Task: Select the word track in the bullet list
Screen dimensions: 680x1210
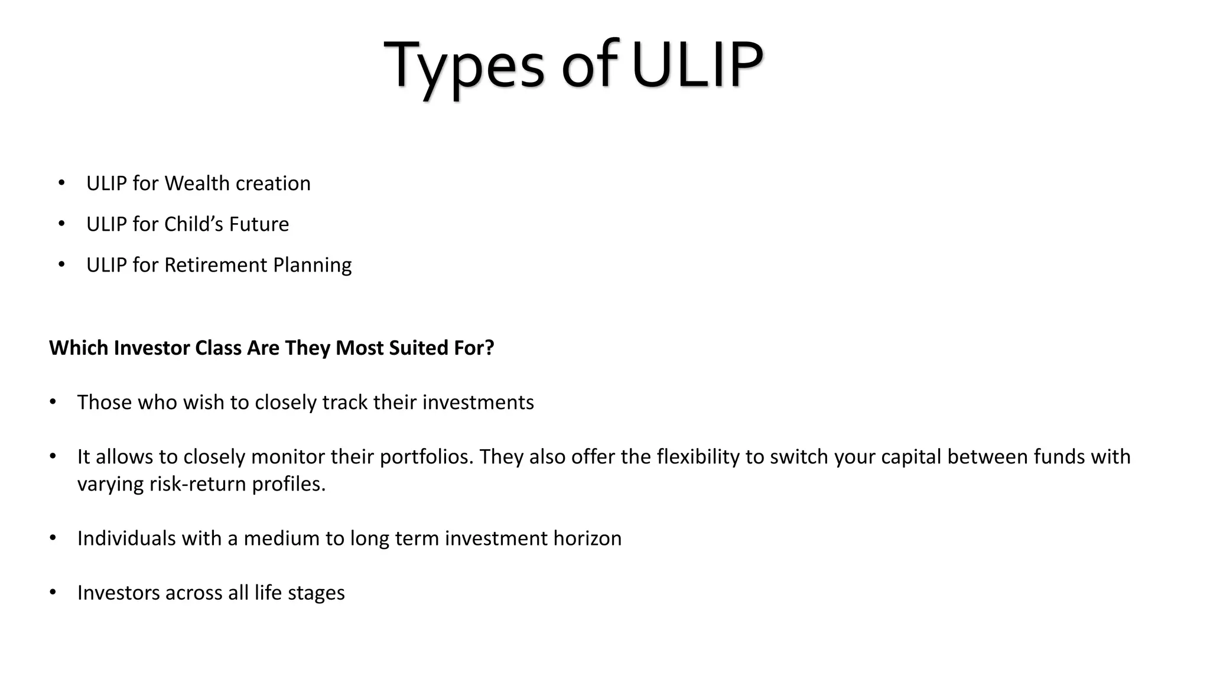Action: pos(345,403)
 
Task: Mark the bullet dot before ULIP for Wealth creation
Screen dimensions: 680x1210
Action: pos(61,183)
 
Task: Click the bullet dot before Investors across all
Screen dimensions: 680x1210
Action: pos(53,591)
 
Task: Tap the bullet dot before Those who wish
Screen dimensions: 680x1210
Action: pos(53,401)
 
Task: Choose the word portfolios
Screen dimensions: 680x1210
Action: pos(427,457)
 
